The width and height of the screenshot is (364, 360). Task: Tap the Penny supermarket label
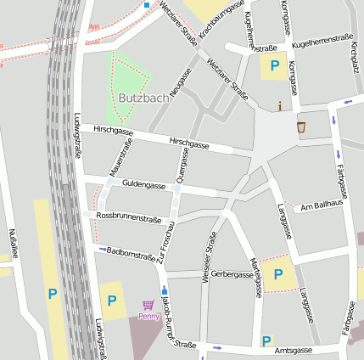coord(148,317)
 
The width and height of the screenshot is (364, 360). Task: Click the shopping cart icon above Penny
coord(148,305)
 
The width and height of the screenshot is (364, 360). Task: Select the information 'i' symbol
coord(281,106)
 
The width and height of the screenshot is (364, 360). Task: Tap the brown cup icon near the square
coord(301,127)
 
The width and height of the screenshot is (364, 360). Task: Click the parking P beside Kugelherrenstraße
coord(274,65)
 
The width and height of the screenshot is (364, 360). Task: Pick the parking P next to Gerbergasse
coord(277,275)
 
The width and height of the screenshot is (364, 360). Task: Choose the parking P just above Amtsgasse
coord(267,341)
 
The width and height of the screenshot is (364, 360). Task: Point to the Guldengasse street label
coord(143,183)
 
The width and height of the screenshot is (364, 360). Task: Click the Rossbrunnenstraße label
coord(129,218)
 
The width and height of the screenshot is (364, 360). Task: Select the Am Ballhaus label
coord(322,205)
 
